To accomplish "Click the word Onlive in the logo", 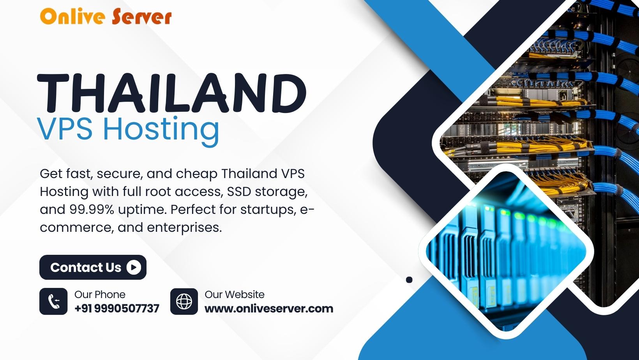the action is pyautogui.click(x=73, y=16).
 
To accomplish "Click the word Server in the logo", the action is pyautogui.click(x=142, y=16).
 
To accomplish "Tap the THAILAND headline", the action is pyautogui.click(x=172, y=93).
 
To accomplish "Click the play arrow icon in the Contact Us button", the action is pyautogui.click(x=134, y=267).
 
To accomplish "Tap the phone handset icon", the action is pyautogui.click(x=53, y=302).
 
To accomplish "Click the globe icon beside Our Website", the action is pyautogui.click(x=184, y=302).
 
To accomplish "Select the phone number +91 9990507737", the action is pyautogui.click(x=117, y=309).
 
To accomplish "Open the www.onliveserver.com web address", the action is pyautogui.click(x=269, y=309).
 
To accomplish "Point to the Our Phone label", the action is pyautogui.click(x=100, y=295).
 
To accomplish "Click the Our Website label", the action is pyautogui.click(x=235, y=295).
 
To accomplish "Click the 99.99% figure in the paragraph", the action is pyautogui.click(x=91, y=210).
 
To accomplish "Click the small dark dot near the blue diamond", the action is pyautogui.click(x=409, y=280).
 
